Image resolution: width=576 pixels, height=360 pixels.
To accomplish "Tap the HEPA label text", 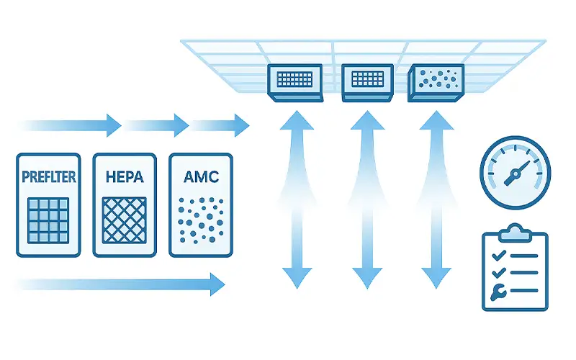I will pyautogui.click(x=124, y=176).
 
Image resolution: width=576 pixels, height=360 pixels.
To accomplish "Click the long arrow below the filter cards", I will pyautogui.click(x=119, y=283).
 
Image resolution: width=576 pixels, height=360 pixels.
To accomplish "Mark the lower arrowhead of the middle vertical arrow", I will pyautogui.click(x=368, y=276).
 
